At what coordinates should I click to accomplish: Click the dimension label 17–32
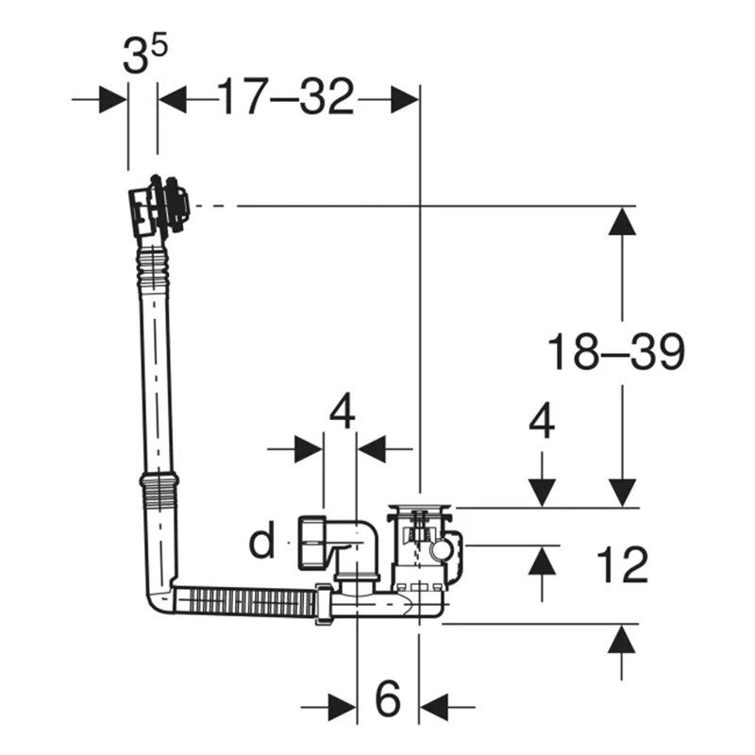[286, 98]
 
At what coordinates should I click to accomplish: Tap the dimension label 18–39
[616, 352]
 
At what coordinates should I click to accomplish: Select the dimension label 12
[622, 565]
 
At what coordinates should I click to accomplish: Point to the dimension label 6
[388, 698]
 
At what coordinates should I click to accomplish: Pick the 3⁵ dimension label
[145, 55]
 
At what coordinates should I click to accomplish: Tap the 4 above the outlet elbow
[343, 411]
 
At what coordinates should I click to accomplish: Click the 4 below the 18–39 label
[542, 421]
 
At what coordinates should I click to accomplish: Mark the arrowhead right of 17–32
[405, 100]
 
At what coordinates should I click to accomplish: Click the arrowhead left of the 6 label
[343, 707]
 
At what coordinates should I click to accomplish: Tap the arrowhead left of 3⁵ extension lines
[113, 100]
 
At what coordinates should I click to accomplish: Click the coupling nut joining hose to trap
[323, 604]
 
